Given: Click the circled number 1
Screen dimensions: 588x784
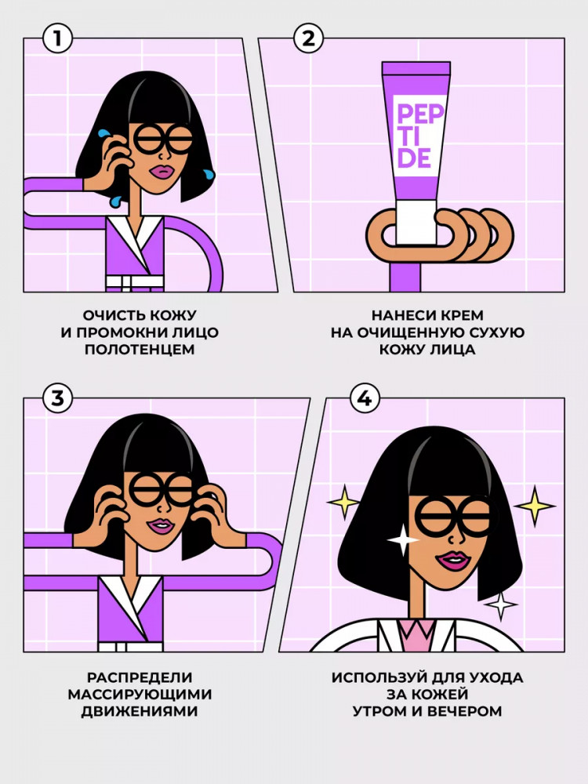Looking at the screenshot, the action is click(x=57, y=39).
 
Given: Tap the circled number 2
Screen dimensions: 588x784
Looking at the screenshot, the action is click(x=308, y=39).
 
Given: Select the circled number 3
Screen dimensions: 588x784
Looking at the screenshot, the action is click(x=57, y=398).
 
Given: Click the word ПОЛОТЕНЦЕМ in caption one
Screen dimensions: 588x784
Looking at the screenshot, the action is click(x=140, y=350).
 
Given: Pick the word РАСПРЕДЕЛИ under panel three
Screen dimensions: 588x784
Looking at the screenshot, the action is click(x=140, y=677).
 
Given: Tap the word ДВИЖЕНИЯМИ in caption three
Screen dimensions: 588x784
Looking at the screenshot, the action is click(x=140, y=711).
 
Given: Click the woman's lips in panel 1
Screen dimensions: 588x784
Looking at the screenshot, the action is click(x=162, y=171).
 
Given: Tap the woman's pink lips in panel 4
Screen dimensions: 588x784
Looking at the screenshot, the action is click(x=453, y=561).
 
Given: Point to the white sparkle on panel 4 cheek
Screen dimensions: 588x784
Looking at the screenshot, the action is click(x=402, y=539).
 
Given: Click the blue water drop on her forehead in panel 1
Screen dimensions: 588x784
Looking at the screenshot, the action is click(x=103, y=133).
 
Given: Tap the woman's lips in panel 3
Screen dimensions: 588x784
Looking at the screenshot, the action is click(x=161, y=526).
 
